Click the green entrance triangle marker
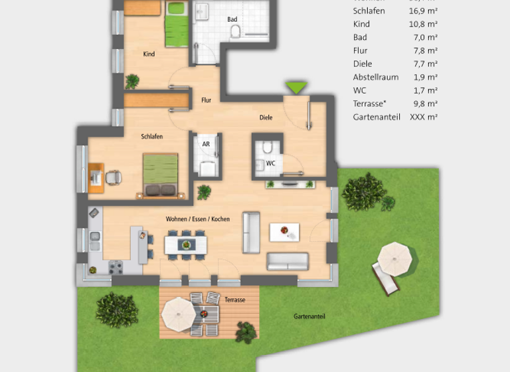point(296,87)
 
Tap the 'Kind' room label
point(149,54)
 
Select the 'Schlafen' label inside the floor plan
point(152,136)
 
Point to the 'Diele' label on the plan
point(266,118)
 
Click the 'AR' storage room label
point(206,143)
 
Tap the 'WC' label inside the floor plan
point(270,163)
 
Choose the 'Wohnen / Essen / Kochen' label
point(198,219)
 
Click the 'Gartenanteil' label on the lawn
point(309,317)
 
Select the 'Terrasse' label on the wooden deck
point(234,300)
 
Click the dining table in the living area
point(187,245)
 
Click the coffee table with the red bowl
point(284,232)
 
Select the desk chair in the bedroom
point(113,177)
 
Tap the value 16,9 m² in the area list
point(423,11)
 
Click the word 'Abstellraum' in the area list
point(376,77)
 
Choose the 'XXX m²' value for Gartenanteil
point(424,117)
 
